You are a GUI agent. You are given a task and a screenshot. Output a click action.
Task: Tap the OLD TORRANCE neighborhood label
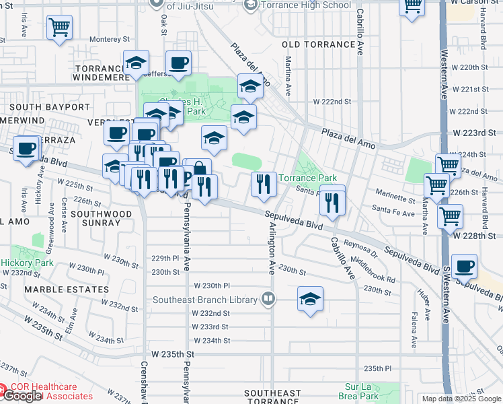click(319, 44)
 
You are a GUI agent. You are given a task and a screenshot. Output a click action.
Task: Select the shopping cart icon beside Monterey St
click(59, 28)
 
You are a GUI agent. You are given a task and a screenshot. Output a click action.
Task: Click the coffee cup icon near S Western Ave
click(464, 265)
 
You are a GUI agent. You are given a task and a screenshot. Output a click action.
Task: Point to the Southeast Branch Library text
click(205, 300)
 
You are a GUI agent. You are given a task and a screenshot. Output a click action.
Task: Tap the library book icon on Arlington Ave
click(268, 298)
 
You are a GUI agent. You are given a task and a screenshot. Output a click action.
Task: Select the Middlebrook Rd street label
click(372, 267)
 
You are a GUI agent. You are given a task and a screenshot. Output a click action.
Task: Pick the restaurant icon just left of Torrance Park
click(263, 182)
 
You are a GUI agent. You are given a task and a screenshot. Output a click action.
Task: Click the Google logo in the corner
click(22, 396)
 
